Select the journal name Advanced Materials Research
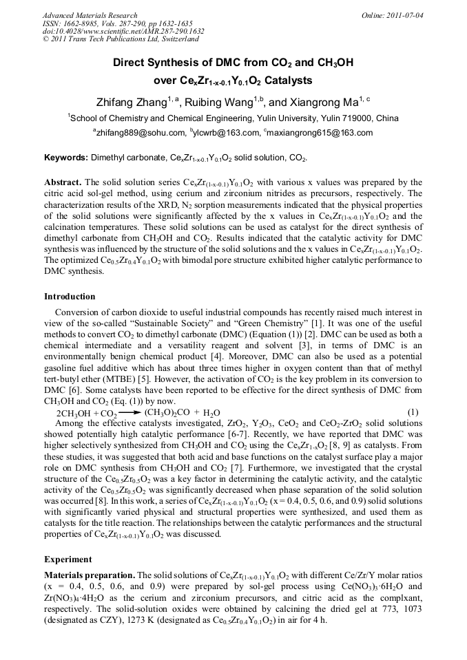click(90, 15)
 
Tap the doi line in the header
click(123, 31)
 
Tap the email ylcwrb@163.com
click(229, 133)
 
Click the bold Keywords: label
click(66, 158)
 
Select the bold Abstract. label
click(64, 182)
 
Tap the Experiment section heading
click(68, 560)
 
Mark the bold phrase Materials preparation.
click(90, 575)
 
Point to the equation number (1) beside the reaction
click(413, 412)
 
